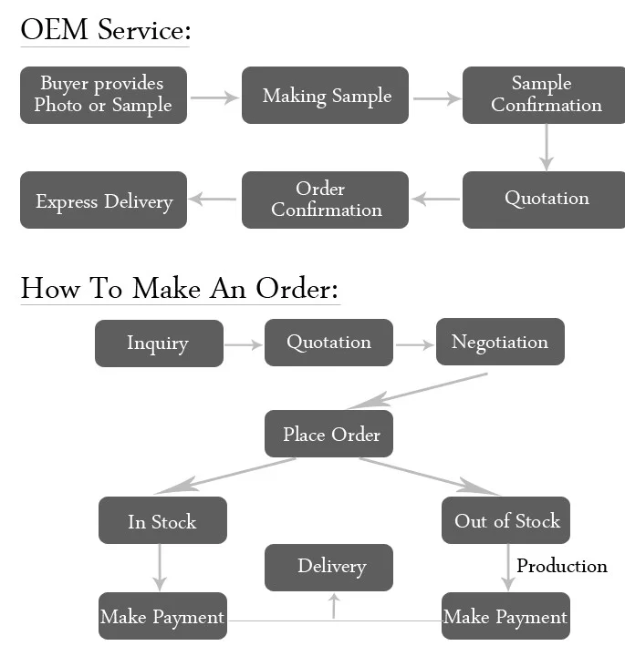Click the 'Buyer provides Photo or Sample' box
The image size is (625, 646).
(x=103, y=95)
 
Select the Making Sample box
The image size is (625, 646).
(x=325, y=95)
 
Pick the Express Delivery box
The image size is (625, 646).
(x=103, y=200)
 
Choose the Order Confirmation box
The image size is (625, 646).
(x=325, y=200)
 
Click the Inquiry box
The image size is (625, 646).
(x=159, y=344)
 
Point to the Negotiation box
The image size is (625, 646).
(x=500, y=343)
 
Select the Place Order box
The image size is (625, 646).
(x=329, y=435)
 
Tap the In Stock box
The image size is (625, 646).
(x=162, y=521)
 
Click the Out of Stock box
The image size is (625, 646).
(x=506, y=521)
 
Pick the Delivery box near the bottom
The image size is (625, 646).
(x=329, y=567)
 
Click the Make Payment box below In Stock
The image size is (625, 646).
(x=162, y=617)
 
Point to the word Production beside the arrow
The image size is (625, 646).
(x=561, y=566)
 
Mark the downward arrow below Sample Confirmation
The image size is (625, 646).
(x=546, y=147)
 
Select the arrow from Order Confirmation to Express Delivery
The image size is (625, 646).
(x=214, y=200)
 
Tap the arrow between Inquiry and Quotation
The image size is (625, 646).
(x=244, y=345)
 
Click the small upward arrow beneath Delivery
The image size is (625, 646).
(x=333, y=605)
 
